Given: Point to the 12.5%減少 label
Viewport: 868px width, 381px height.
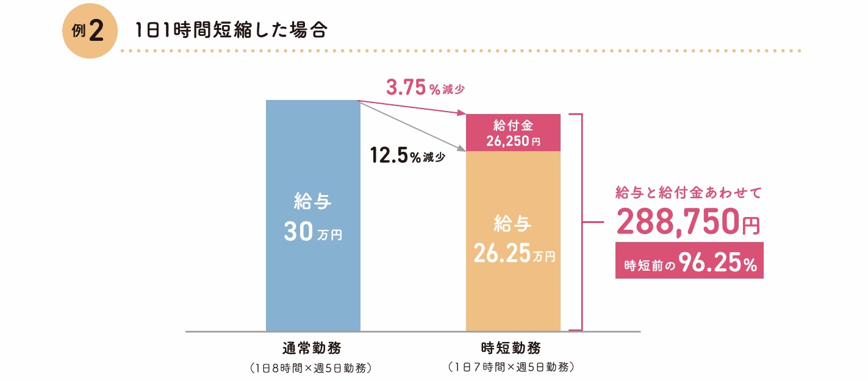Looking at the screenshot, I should pos(407,156).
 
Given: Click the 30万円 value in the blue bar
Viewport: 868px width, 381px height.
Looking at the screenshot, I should pos(313,233).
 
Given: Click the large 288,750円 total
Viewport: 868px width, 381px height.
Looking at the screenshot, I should pos(688,223).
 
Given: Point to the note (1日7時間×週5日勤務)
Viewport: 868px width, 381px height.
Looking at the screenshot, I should pos(511,368).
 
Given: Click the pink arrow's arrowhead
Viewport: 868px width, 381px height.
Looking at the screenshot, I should pos(461,113).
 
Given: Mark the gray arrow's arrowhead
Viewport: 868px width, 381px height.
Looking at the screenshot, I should pos(461,148).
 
